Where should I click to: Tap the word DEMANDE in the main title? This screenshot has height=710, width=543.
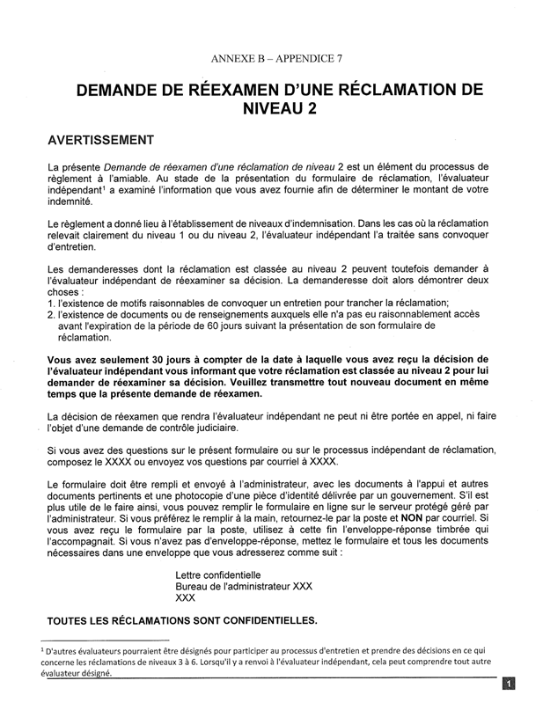[x=124, y=90]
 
